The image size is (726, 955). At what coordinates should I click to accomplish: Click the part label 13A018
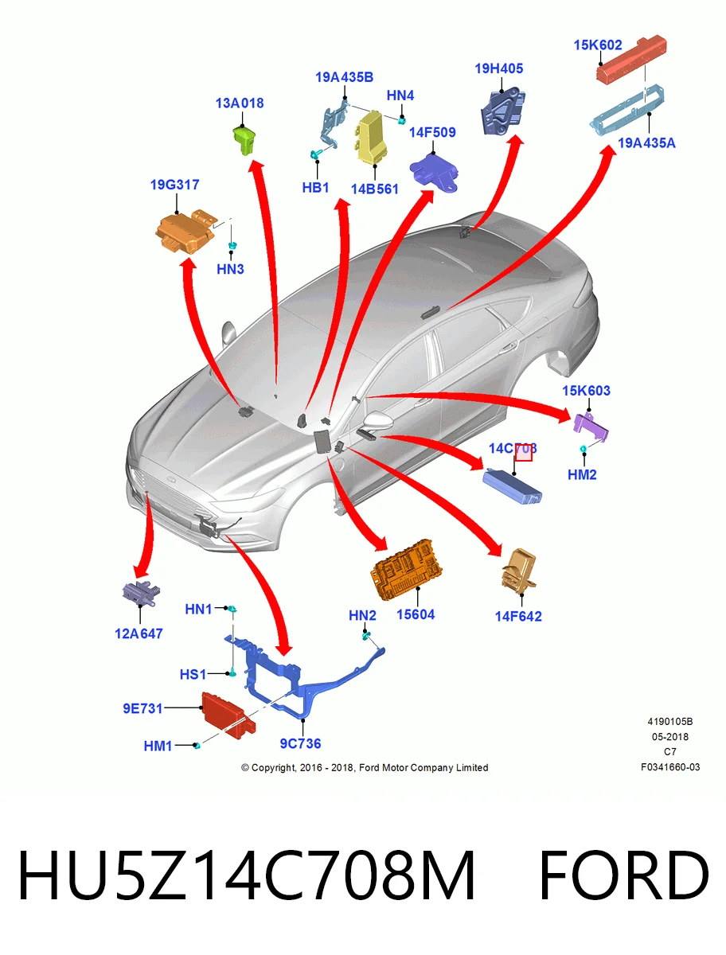(240, 103)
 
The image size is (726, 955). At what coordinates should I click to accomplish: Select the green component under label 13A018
(244, 138)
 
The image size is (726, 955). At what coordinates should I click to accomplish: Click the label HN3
(230, 269)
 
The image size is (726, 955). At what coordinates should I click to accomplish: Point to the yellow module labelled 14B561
(372, 136)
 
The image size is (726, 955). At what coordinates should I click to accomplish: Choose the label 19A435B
(344, 77)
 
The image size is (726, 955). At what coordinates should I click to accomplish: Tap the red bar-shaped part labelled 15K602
(631, 59)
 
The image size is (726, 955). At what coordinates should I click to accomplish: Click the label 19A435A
(646, 142)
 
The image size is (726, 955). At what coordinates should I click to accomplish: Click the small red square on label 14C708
(524, 453)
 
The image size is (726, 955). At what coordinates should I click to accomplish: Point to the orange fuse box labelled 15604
(406, 570)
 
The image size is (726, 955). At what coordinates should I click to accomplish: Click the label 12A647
(139, 633)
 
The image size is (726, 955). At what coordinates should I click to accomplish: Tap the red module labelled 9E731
(228, 715)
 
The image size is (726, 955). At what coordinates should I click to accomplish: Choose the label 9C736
(300, 743)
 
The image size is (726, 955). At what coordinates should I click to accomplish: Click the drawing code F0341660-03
(670, 767)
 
